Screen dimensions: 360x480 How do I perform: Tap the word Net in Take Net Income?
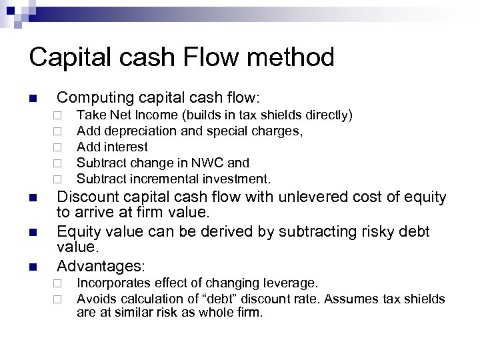click(x=121, y=115)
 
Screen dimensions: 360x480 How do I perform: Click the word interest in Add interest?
click(x=124, y=147)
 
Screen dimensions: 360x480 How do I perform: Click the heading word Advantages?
click(x=101, y=266)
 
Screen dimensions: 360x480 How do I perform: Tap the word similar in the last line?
click(x=126, y=313)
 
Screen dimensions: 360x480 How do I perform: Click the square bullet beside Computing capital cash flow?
click(x=32, y=99)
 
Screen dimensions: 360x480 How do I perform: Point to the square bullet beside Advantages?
click(x=32, y=267)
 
